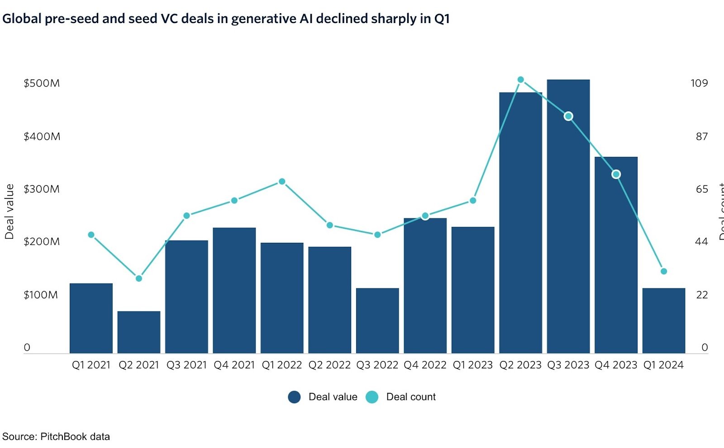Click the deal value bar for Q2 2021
tap(138, 332)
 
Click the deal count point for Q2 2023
tap(520, 80)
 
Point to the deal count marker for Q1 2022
tap(282, 181)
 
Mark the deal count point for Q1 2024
tap(664, 271)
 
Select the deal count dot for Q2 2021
tap(138, 278)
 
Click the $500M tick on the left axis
tap(42, 83)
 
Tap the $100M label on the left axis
tap(41, 295)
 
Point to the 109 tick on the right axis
tap(699, 83)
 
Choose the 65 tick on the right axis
tap(701, 189)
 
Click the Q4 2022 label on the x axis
tap(425, 365)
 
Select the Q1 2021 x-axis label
tap(91, 365)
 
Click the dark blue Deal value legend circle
tap(294, 397)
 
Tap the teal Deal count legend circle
tap(372, 397)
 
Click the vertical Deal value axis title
tap(10, 212)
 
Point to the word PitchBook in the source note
tap(63, 436)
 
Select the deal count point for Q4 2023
tap(616, 174)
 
